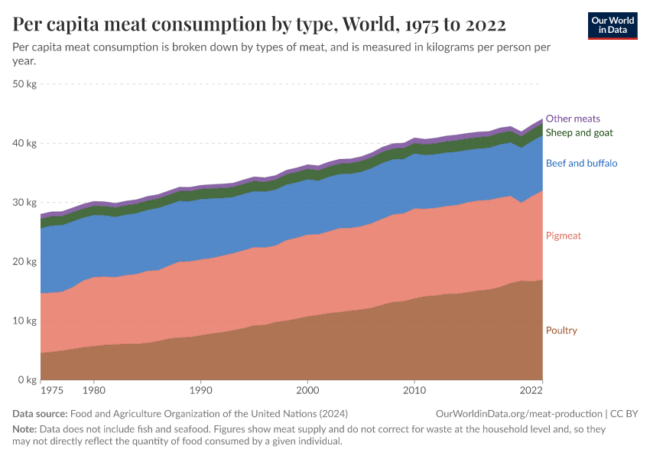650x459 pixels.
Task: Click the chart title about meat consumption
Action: (259, 24)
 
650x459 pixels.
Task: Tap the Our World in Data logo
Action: (612, 25)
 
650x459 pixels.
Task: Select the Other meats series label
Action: (573, 119)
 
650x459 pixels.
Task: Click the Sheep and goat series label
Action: (579, 133)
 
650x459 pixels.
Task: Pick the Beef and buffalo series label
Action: (581, 163)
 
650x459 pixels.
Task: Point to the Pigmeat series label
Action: (563, 236)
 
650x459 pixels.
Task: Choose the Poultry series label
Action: (561, 330)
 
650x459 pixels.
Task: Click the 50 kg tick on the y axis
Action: (25, 84)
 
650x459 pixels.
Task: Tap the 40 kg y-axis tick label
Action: (25, 143)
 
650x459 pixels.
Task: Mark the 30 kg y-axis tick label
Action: (25, 203)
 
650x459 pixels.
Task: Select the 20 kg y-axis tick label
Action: (25, 262)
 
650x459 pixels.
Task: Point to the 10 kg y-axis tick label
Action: (25, 321)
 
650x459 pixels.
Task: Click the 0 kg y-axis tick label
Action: (28, 380)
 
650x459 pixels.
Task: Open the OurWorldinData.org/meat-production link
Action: (517, 414)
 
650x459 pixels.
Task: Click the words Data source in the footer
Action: (38, 414)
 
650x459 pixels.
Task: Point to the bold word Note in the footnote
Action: (24, 430)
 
